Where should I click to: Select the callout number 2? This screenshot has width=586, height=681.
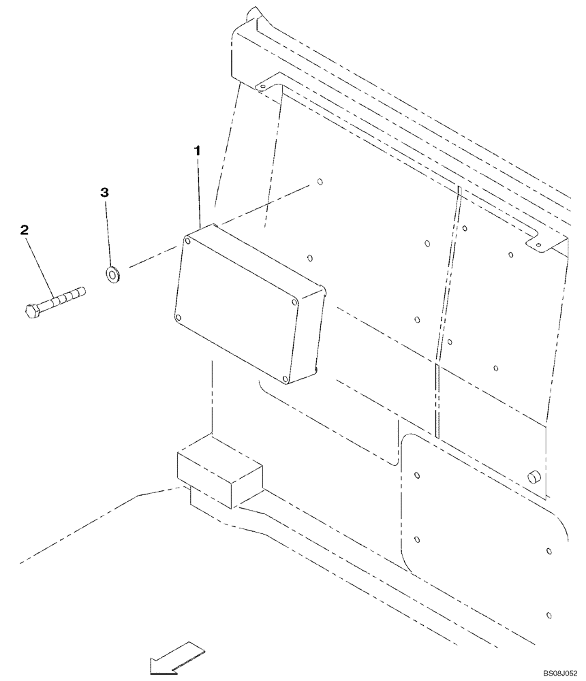point(25,232)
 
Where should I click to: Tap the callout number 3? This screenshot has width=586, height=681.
point(104,193)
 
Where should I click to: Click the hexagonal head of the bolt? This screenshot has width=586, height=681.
point(31,313)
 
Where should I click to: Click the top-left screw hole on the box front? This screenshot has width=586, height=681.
point(187,239)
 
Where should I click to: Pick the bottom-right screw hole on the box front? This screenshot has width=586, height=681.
point(286,379)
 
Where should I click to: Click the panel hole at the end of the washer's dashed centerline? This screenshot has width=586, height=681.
point(318,183)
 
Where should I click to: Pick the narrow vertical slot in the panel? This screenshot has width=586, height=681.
point(436,398)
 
